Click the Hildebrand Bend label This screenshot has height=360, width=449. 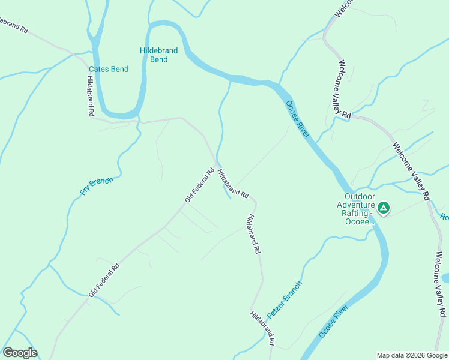[x=159, y=55]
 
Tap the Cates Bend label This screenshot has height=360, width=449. [x=109, y=69]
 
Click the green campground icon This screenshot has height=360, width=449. [x=384, y=208]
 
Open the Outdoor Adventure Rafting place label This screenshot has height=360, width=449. [x=360, y=209]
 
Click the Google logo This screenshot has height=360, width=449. [x=20, y=353]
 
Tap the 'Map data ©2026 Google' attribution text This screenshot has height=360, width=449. [x=412, y=355]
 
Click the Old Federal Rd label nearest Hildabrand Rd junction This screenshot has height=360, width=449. [x=200, y=185]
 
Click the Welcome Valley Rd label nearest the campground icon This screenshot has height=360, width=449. [x=411, y=170]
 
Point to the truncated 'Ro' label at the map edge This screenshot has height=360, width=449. [x=444, y=217]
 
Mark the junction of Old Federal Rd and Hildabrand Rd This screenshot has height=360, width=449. [x=217, y=164]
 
